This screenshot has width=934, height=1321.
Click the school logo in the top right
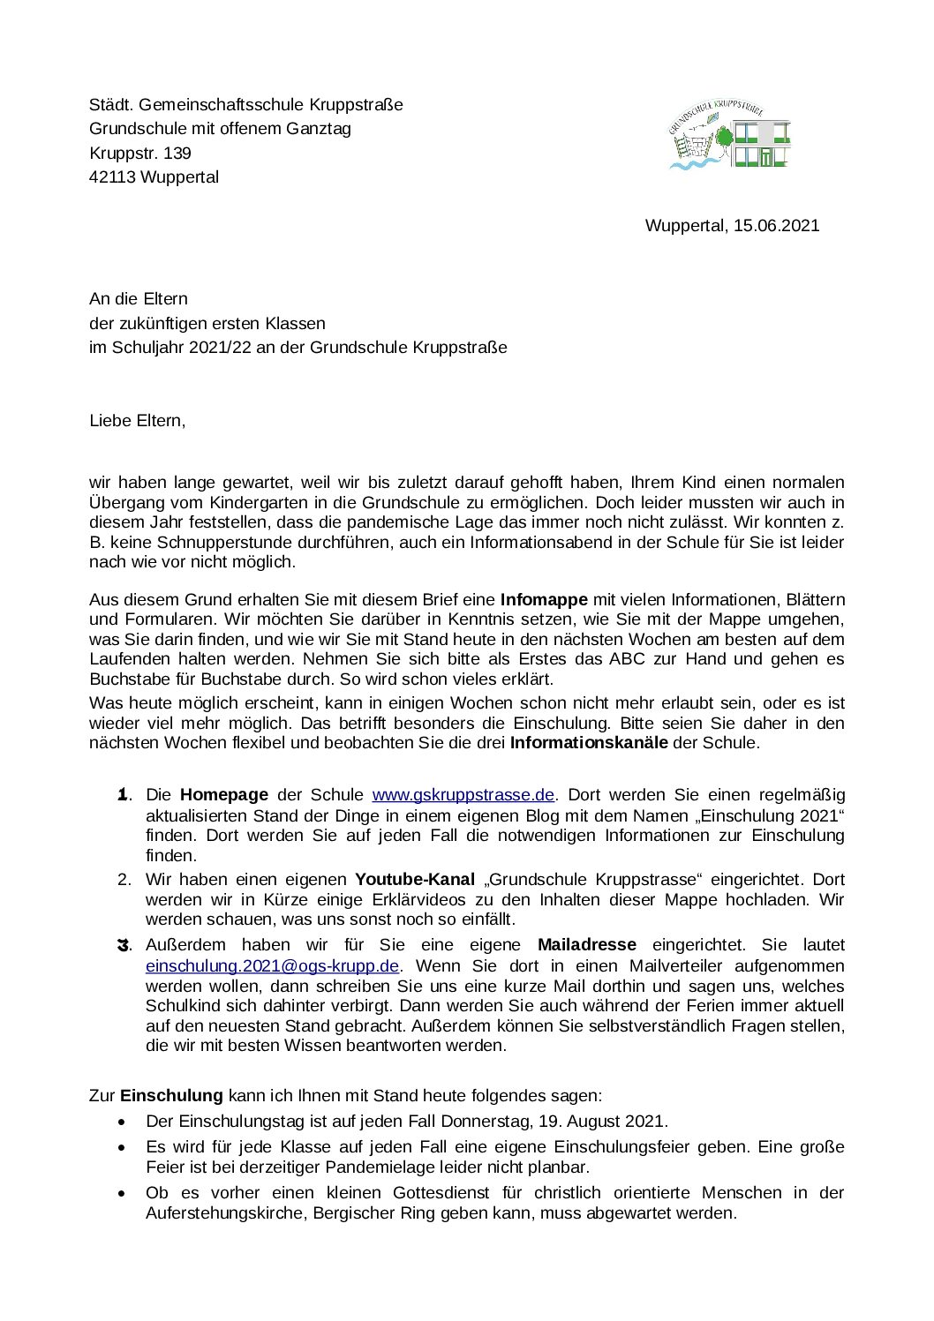coord(729,134)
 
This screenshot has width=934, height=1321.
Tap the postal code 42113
coord(112,176)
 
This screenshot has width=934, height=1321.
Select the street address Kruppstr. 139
coord(140,153)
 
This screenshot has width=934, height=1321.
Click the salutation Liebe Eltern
coord(137,420)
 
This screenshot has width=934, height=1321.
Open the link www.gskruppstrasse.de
coord(463,794)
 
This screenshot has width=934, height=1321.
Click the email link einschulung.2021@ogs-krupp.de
coord(273,965)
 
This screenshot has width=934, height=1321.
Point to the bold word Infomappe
coord(544,599)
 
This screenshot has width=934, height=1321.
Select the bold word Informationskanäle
coord(589,742)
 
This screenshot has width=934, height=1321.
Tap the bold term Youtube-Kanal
coord(415,879)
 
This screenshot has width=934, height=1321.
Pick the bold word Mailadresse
coord(586,945)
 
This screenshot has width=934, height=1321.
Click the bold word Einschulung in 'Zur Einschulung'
coord(171,1095)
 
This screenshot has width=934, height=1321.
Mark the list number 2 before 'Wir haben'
coord(124,879)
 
